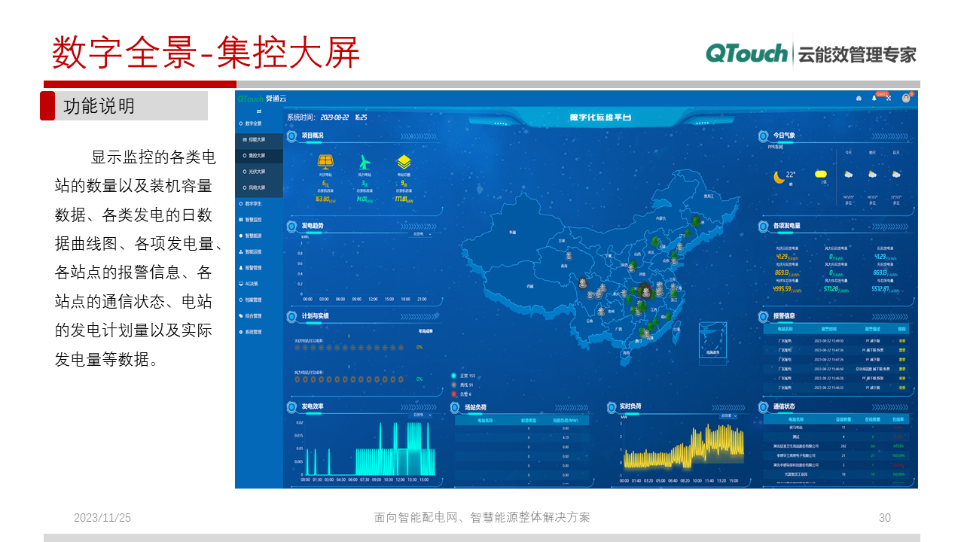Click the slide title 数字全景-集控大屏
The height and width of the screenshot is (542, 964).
[x=206, y=53]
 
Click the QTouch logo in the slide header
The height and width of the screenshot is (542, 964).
[x=746, y=53]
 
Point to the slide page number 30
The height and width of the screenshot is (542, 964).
[x=885, y=518]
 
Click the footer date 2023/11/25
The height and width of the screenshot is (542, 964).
[x=102, y=518]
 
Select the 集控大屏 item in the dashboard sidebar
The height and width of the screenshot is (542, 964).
[x=257, y=156]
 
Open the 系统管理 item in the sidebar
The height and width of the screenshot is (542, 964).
[x=253, y=332]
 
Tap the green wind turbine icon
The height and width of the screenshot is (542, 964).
[x=365, y=162]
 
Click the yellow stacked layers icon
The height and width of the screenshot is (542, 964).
[x=404, y=162]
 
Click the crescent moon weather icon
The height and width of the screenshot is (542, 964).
[x=779, y=178]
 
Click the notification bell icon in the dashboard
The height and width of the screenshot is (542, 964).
[x=874, y=98]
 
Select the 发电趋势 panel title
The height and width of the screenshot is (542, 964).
[x=313, y=226]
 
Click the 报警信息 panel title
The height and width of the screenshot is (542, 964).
[x=784, y=316]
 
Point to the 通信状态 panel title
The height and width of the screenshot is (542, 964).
[x=784, y=406]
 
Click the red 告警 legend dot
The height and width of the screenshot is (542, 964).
[x=453, y=394]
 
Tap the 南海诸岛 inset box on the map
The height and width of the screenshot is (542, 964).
[x=712, y=343]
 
